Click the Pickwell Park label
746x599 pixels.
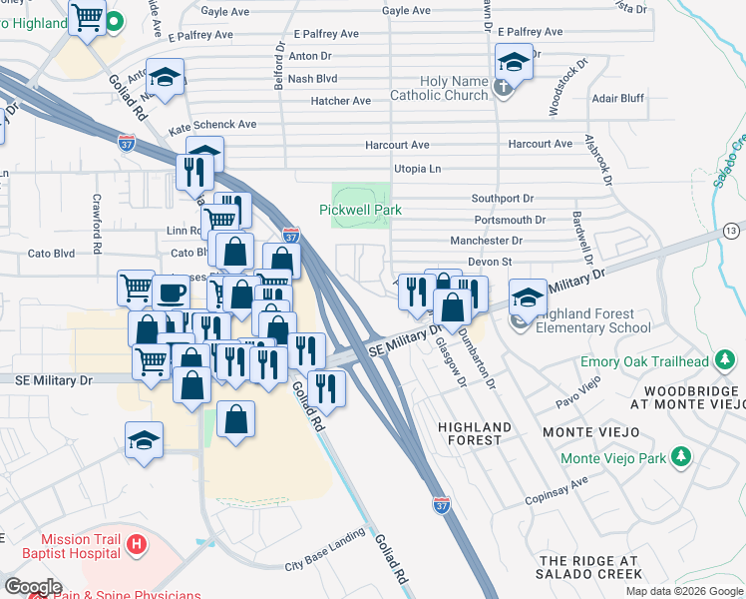coord(360,210)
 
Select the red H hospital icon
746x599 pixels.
coord(137,545)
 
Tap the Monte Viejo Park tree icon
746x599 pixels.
coord(681,458)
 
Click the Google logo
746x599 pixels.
coord(33,586)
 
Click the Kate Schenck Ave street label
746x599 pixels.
coord(212,126)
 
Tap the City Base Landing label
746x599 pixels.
coord(325,564)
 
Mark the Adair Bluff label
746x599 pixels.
coord(617,100)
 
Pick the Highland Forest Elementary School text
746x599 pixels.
coord(593,320)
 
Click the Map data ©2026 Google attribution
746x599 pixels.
coord(683,591)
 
